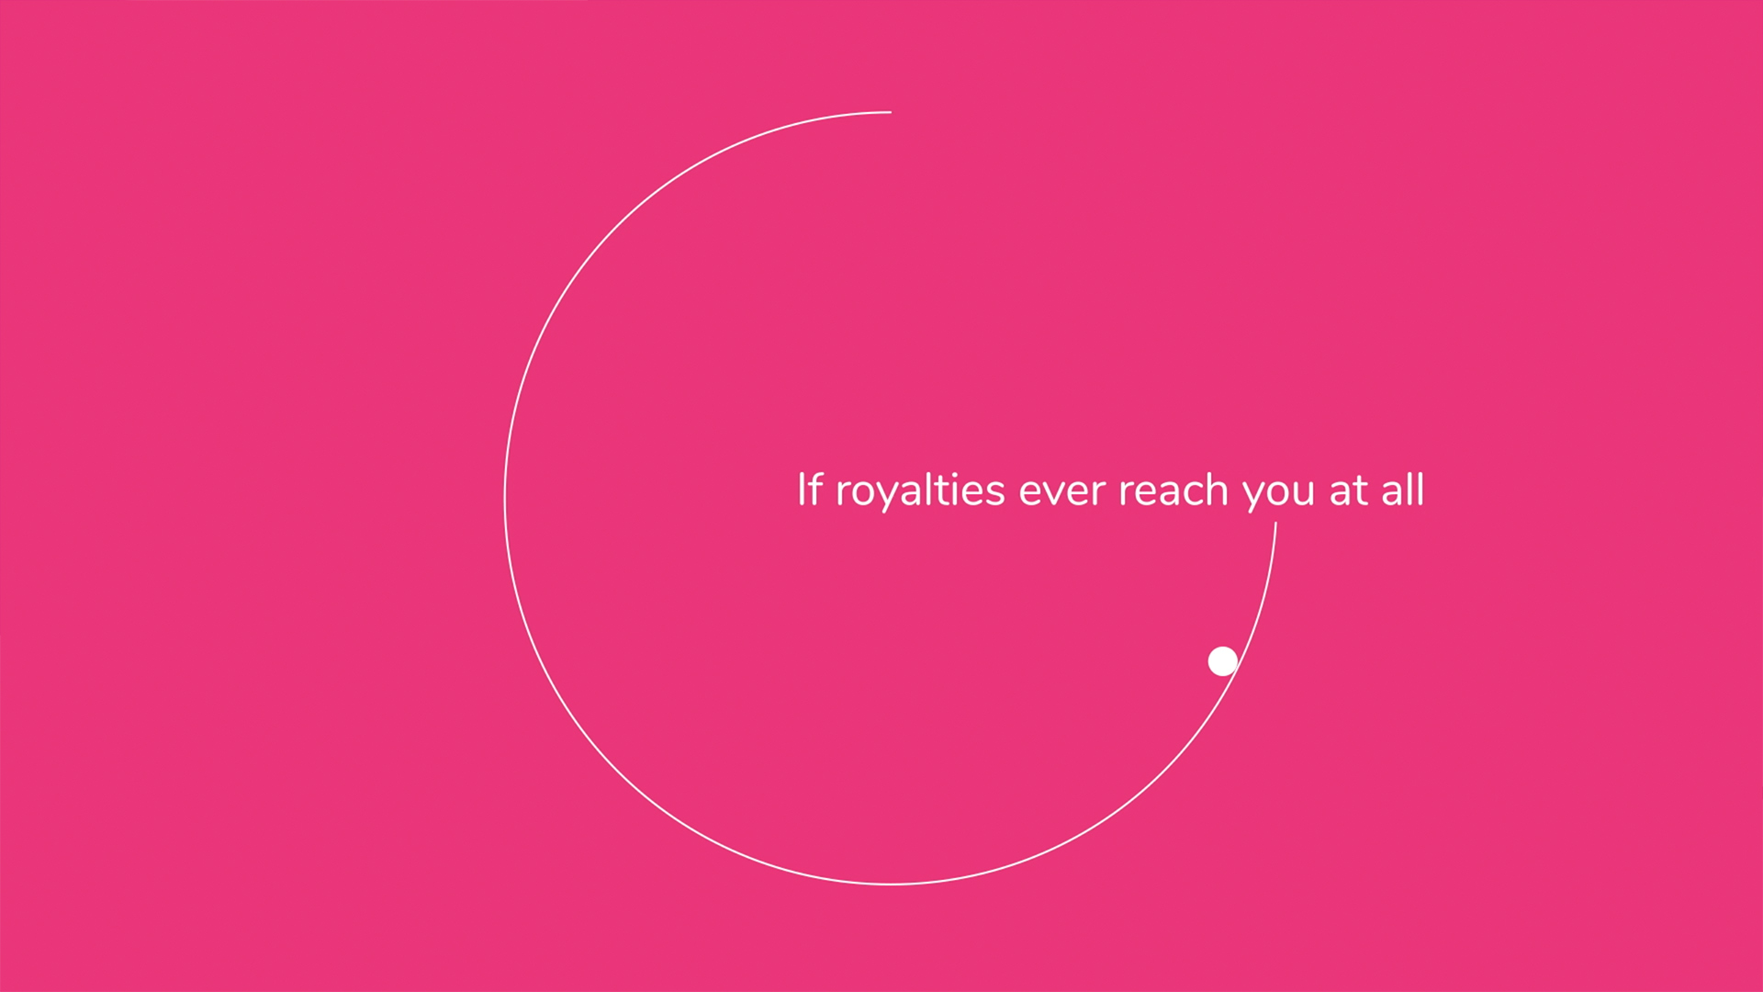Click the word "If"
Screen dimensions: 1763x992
pos(810,490)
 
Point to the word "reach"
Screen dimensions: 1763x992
pos(1173,490)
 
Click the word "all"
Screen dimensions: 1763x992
pos(1403,490)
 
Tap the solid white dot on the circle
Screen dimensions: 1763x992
pos(1222,661)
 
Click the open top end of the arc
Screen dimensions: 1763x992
pos(891,112)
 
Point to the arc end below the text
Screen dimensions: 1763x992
pos(1275,523)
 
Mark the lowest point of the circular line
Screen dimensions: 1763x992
pos(891,885)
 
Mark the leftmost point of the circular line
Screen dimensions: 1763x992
pos(505,499)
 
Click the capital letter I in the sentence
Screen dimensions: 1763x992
pos(801,490)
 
